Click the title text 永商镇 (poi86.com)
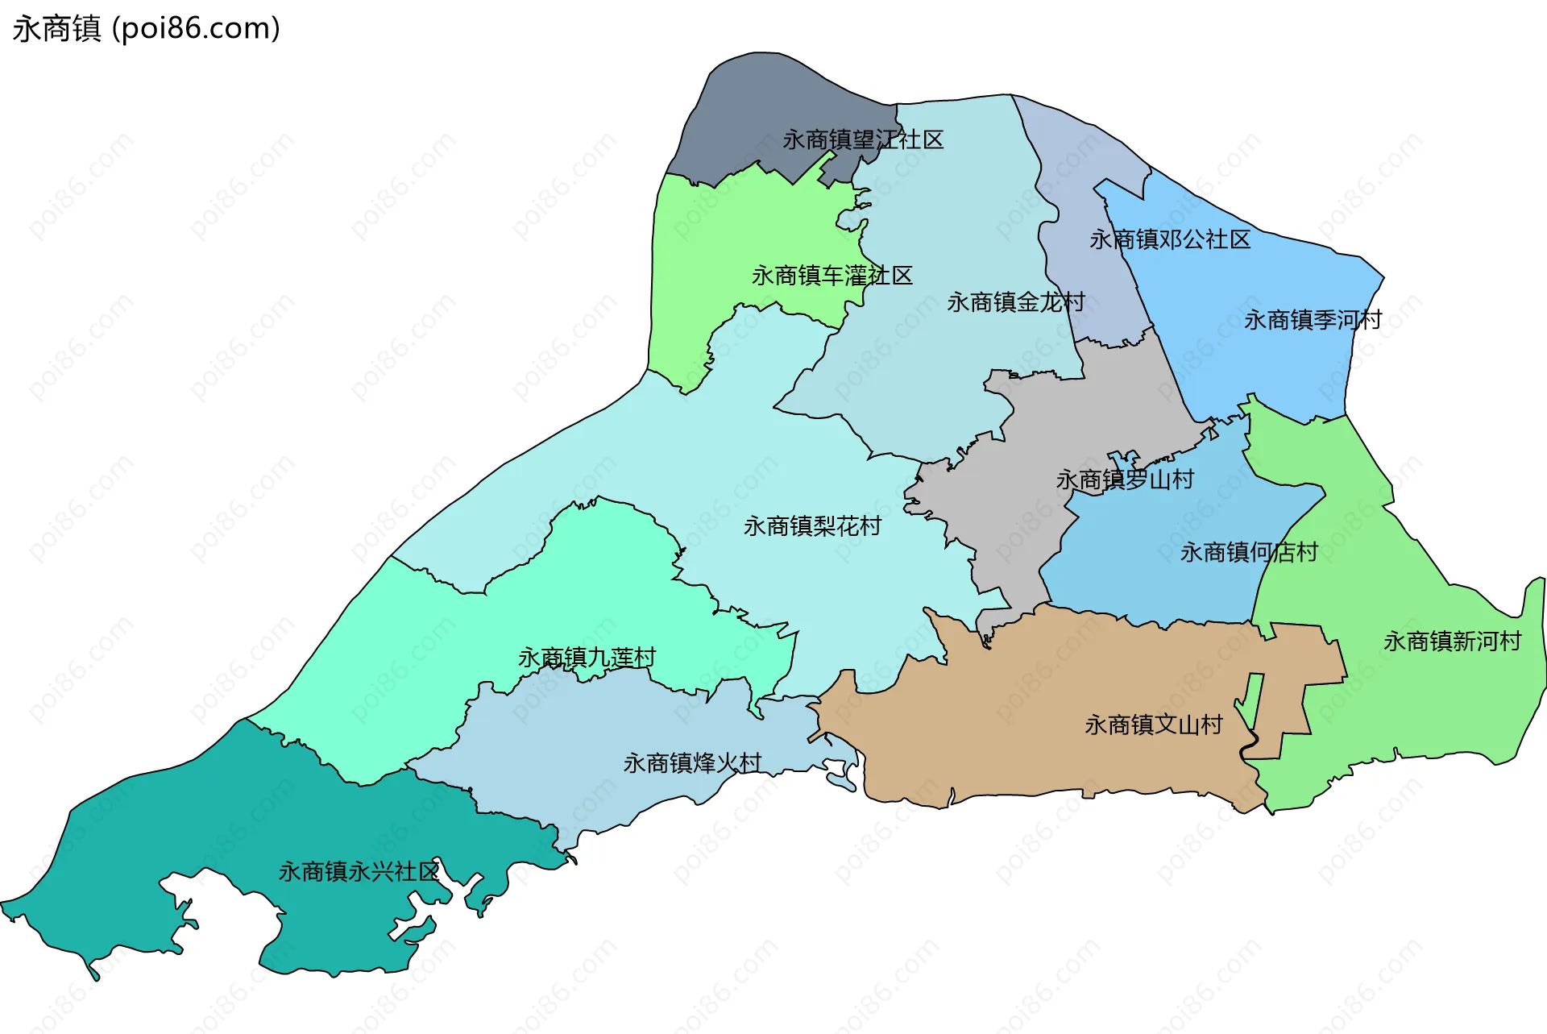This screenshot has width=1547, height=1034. [146, 28]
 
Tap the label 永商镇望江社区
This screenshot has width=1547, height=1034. [863, 140]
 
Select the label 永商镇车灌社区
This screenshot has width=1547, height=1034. [832, 276]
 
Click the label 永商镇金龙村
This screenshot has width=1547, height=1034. [1015, 303]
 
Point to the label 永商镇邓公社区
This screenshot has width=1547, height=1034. [1169, 240]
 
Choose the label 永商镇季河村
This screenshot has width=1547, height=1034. [1312, 321]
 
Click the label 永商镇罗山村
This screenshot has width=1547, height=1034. [1124, 480]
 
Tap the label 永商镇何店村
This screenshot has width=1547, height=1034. [1248, 553]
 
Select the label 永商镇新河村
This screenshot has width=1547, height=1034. [1451, 642]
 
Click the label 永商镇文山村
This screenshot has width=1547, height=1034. [1153, 725]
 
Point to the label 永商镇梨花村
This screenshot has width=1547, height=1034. [811, 527]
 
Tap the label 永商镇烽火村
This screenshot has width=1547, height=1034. [691, 763]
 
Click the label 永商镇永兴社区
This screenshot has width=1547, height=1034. [359, 872]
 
